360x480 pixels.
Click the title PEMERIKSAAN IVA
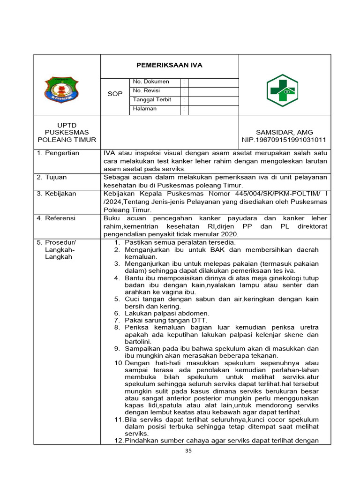click(169, 65)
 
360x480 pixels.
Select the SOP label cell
click(115, 94)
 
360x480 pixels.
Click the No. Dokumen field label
click(151, 82)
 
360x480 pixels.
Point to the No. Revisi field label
click(147, 90)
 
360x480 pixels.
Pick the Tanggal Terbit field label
click(152, 100)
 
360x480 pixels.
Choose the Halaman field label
click(145, 109)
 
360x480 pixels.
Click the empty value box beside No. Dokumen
click(213, 82)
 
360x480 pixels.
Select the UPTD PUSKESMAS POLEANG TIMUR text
click(67, 132)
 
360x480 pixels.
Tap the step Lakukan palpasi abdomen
click(167, 313)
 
